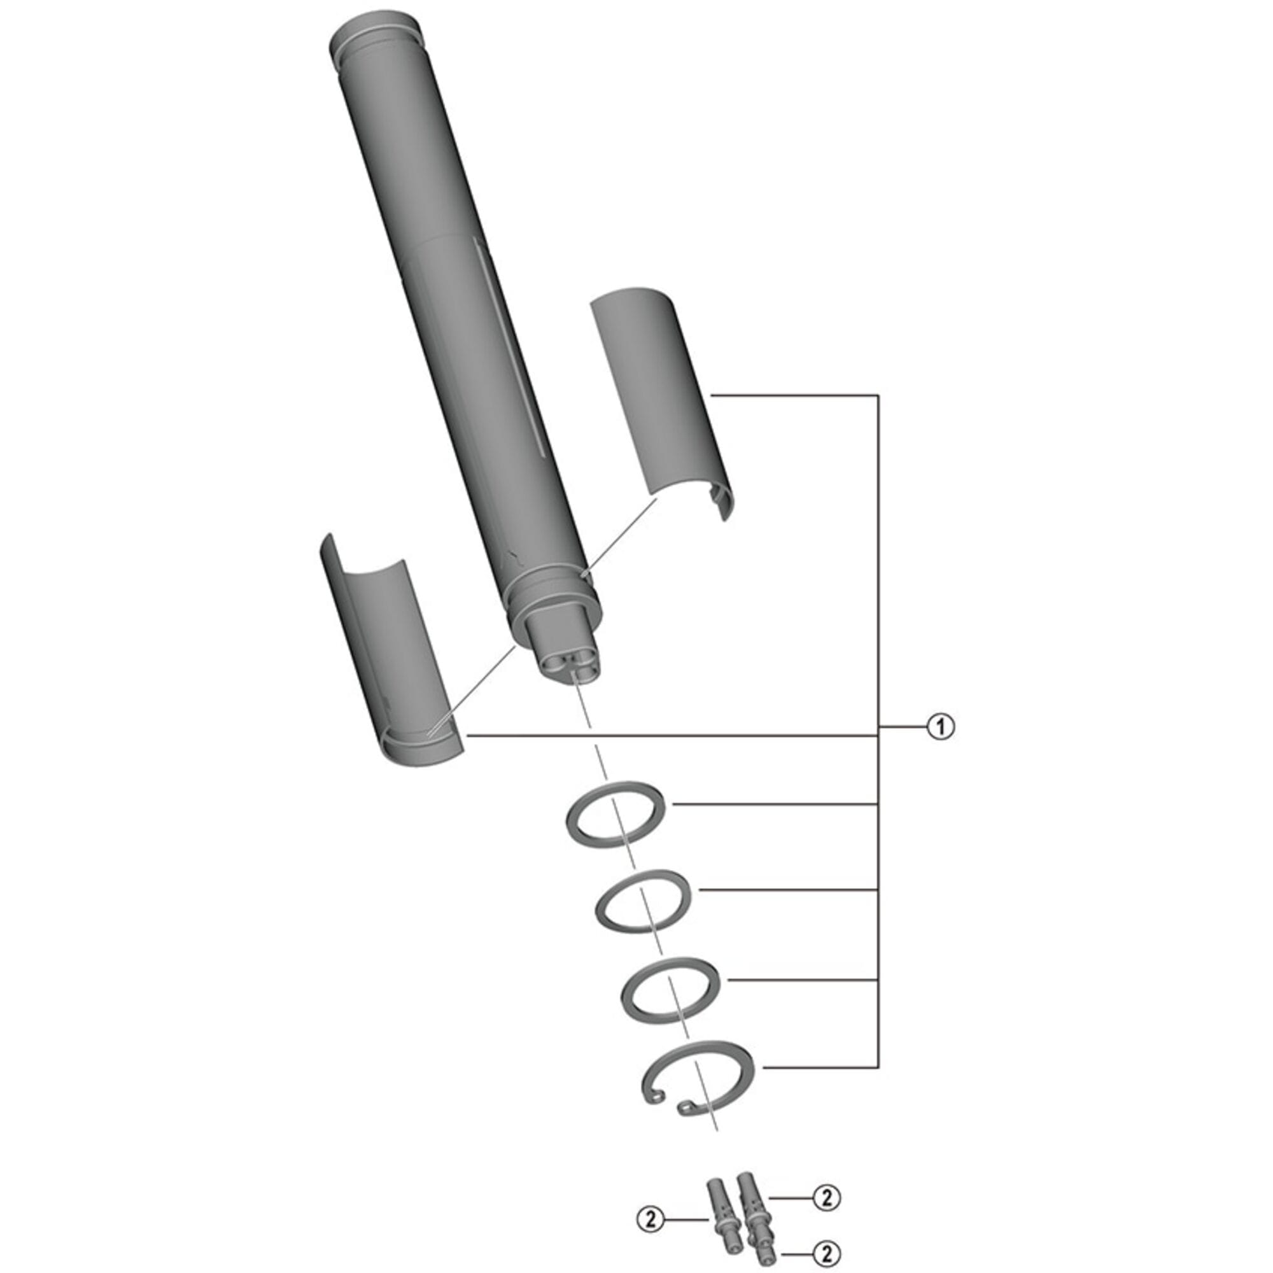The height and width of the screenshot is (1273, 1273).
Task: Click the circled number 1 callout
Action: click(x=940, y=727)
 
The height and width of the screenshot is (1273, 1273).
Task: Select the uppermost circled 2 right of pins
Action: click(x=827, y=1197)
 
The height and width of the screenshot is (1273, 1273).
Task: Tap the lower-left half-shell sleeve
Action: click(x=389, y=652)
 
